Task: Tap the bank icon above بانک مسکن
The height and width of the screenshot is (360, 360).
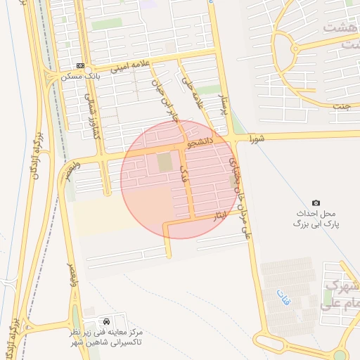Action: coord(80,65)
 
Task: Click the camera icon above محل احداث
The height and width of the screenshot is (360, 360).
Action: coord(316,202)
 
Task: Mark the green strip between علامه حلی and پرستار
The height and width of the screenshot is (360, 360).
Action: coord(208,90)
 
